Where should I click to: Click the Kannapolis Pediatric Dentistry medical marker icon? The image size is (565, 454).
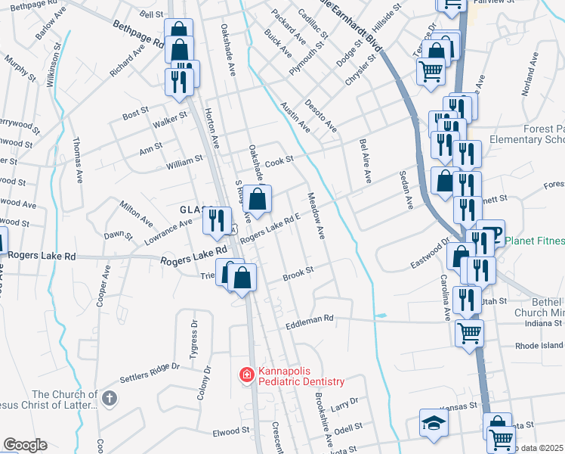(x=246, y=375)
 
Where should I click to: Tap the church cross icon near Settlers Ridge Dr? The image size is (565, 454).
(x=110, y=398)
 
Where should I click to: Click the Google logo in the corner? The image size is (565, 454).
(x=25, y=445)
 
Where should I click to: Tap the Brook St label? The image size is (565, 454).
(x=298, y=275)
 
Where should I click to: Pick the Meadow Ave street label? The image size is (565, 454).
(x=315, y=216)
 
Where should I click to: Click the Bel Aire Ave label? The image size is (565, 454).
(x=366, y=160)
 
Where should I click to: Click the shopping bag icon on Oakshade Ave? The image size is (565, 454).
(x=258, y=201)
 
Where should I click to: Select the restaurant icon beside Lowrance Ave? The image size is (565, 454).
(x=218, y=221)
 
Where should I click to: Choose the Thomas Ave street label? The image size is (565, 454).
(x=77, y=160)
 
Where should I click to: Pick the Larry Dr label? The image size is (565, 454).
(x=344, y=403)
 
